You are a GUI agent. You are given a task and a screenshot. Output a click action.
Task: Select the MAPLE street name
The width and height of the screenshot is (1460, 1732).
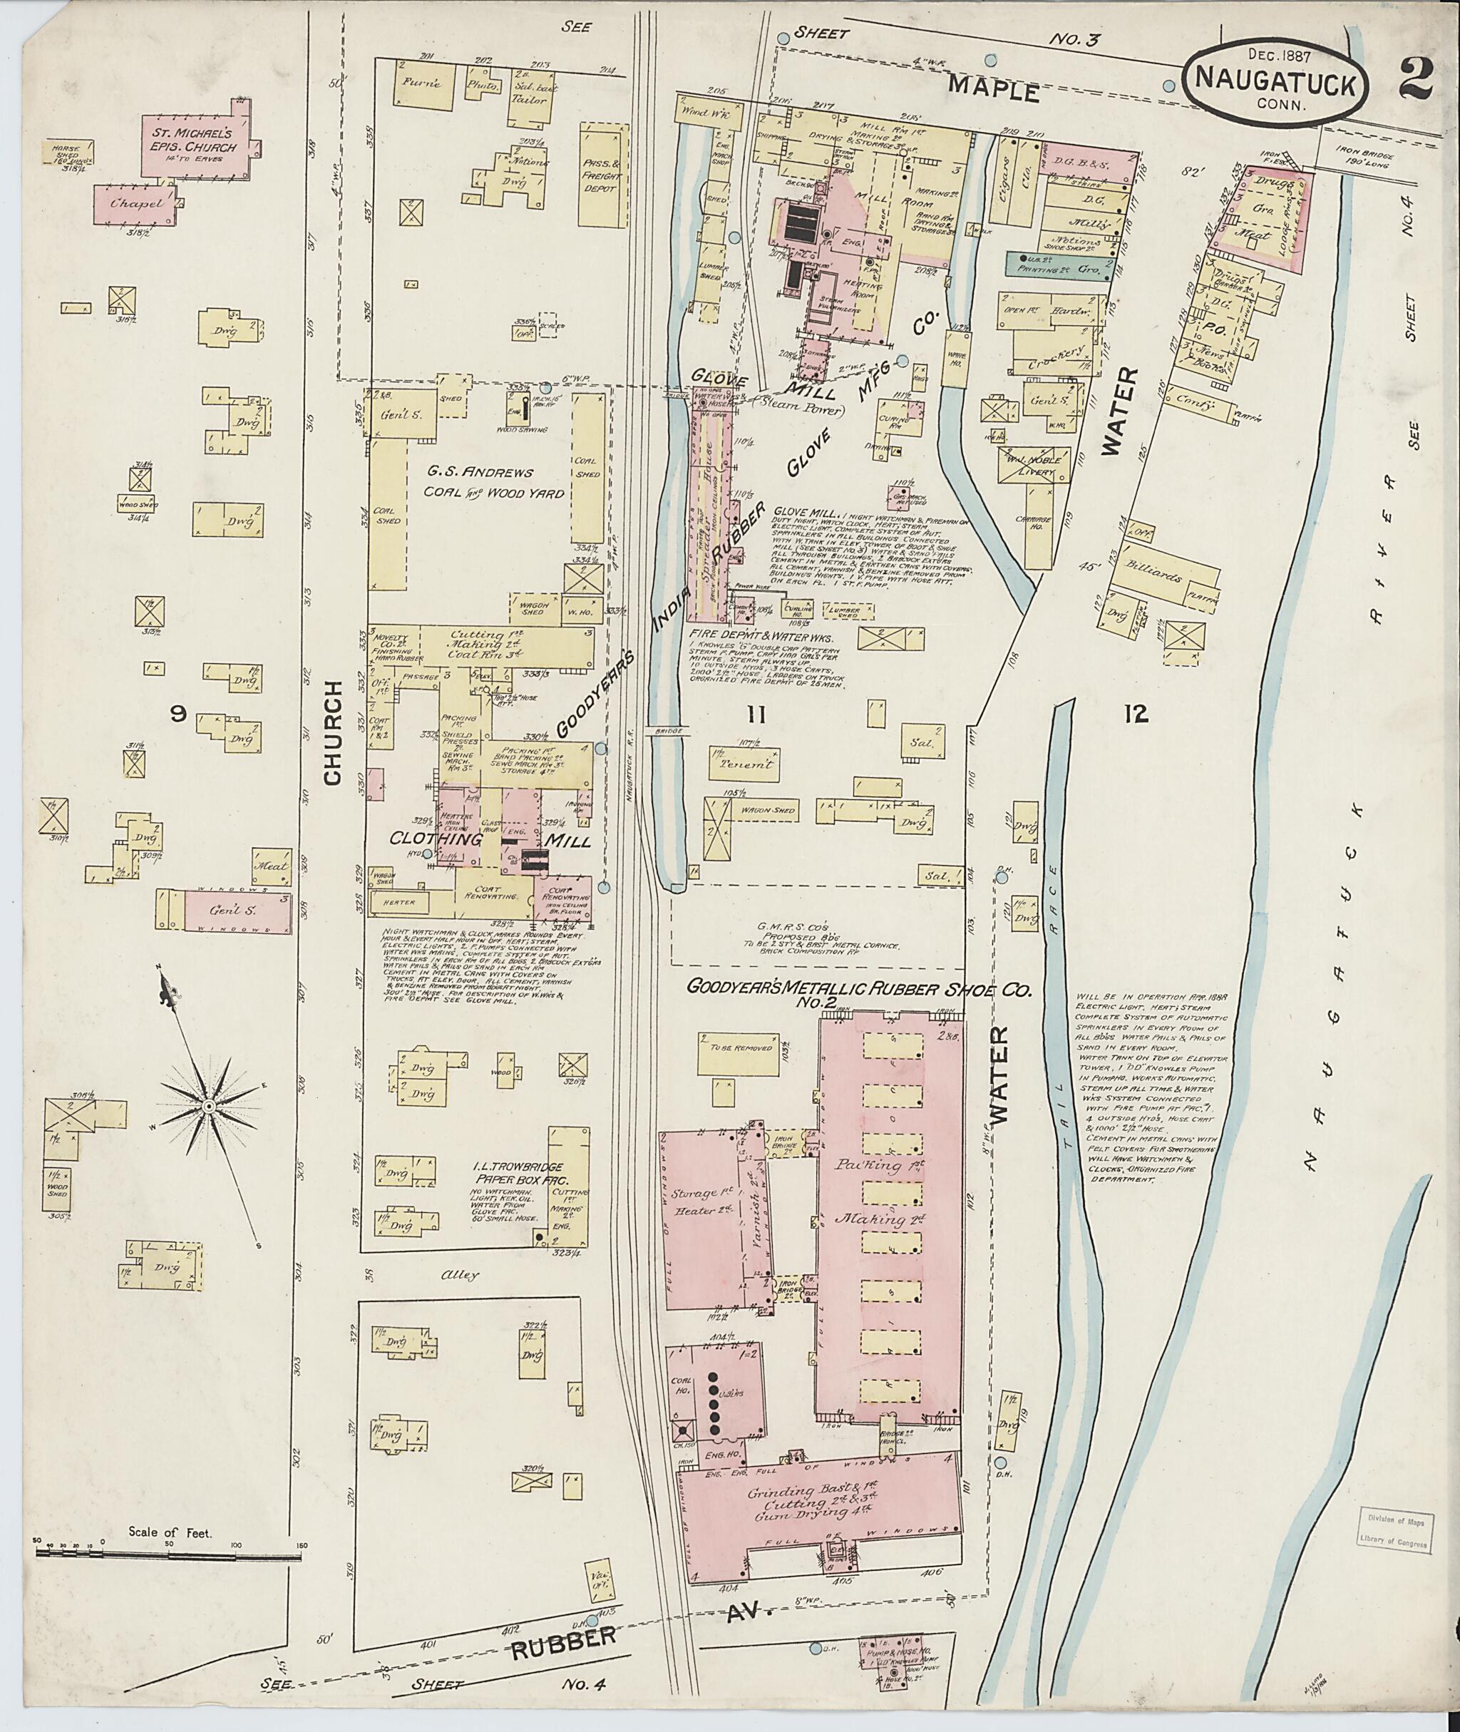pos(992,89)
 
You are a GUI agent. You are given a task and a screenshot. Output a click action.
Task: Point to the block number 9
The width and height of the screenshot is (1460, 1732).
pos(177,715)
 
